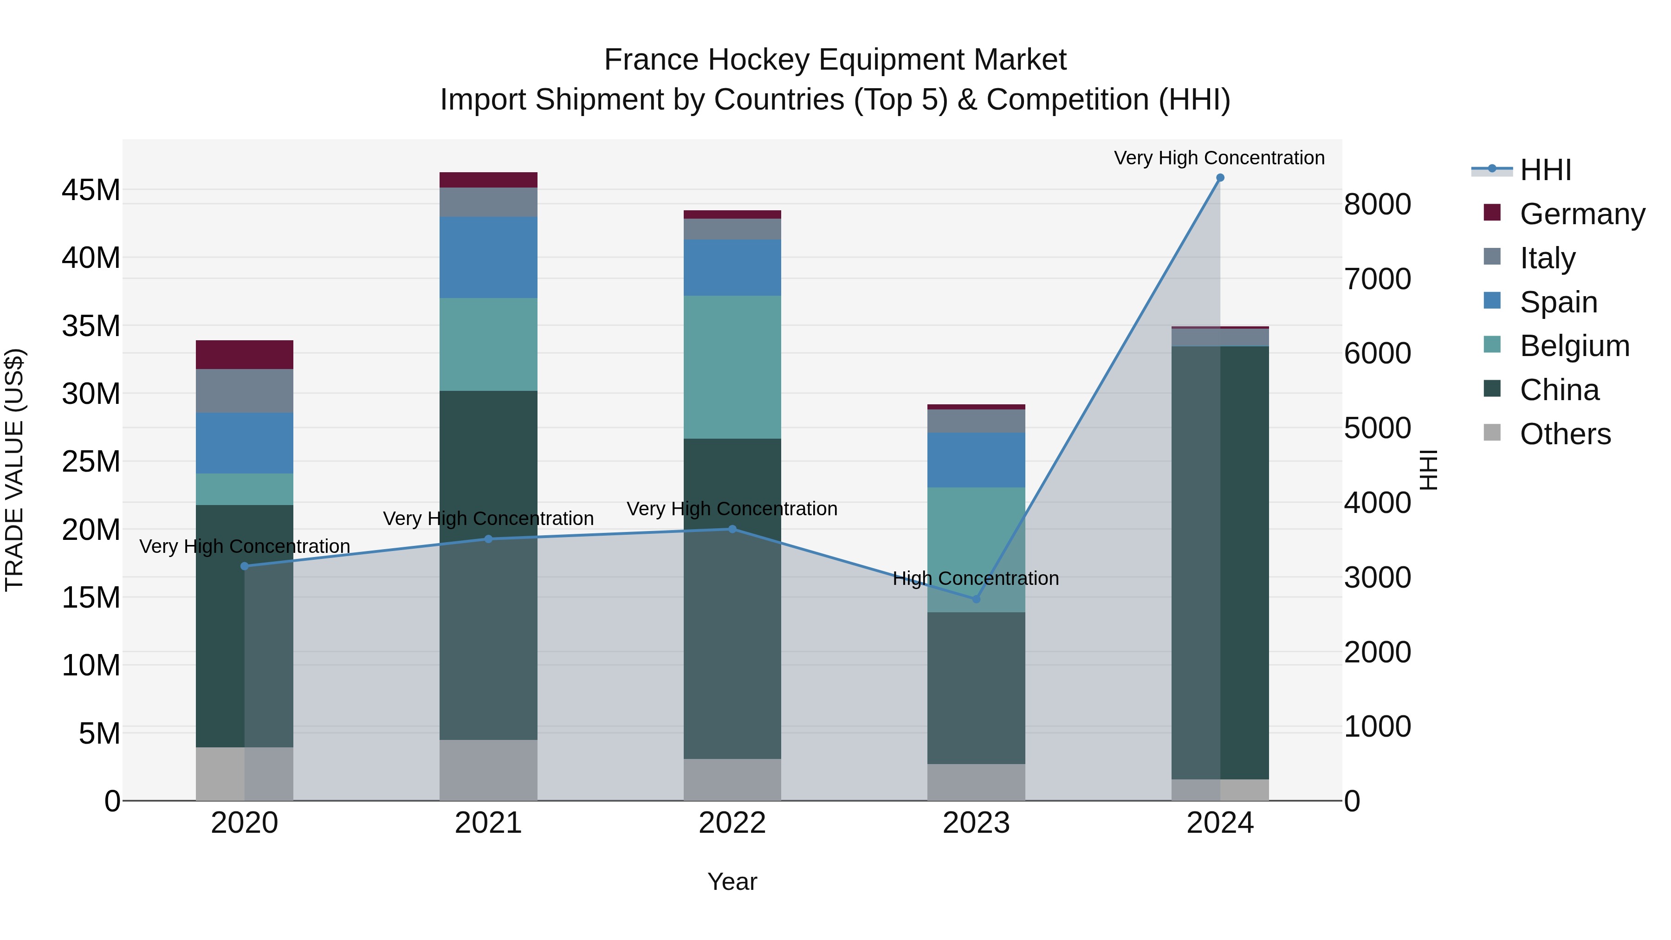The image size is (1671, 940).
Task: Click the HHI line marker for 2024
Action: [1219, 178]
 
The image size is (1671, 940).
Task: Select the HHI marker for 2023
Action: [976, 599]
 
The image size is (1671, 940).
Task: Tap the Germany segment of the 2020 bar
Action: [245, 355]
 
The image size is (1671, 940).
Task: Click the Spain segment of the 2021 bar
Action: [488, 258]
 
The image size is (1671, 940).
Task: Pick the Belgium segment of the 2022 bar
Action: [732, 367]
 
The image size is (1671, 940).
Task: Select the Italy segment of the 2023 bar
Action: [976, 421]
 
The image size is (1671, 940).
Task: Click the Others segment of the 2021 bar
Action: [488, 770]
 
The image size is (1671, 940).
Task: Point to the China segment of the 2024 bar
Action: [1219, 563]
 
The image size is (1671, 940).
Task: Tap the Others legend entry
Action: [1565, 434]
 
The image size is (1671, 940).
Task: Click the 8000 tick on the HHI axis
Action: [1377, 204]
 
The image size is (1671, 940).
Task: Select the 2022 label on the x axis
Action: [732, 823]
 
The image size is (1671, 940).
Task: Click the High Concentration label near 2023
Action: [976, 578]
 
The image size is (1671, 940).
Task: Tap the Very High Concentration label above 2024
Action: [1219, 158]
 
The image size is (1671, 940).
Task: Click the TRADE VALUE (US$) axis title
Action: [14, 470]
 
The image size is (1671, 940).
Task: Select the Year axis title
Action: [732, 882]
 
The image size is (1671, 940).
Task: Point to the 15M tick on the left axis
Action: [91, 597]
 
